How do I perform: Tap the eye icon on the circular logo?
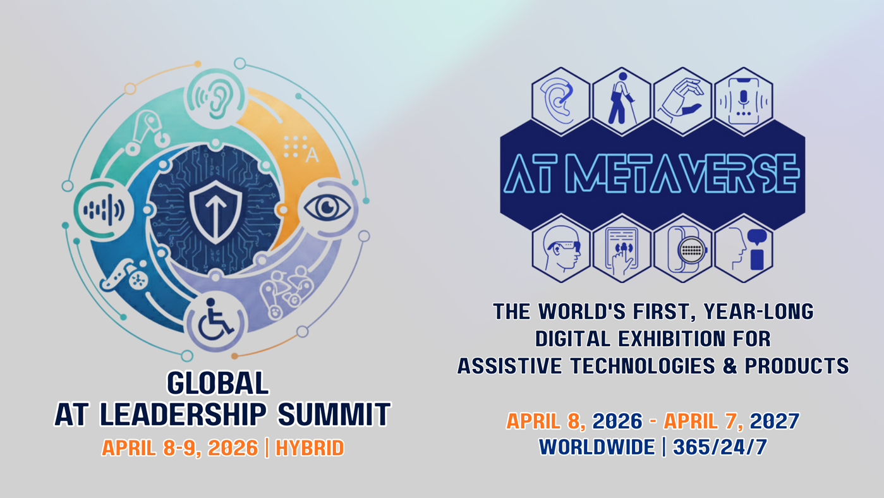coord(327,209)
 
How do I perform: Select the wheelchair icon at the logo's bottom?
coord(215,320)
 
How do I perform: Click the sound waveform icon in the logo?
coord(104,209)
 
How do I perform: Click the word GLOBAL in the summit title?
coord(218,382)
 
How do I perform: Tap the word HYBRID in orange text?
coord(310,448)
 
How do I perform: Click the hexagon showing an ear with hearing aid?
coord(561,102)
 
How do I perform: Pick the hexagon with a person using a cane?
coord(622,102)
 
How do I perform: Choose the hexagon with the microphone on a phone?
coord(744,102)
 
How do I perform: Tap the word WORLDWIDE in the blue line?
coord(597,447)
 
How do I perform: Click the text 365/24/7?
coord(720,447)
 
